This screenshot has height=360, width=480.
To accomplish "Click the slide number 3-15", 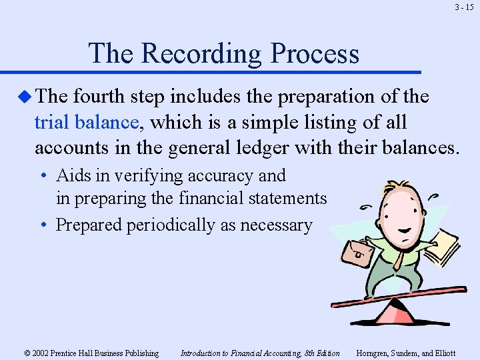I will click(464, 8).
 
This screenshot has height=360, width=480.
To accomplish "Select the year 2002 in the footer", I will click(40, 353).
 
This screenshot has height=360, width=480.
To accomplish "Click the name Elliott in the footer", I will click(443, 353).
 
